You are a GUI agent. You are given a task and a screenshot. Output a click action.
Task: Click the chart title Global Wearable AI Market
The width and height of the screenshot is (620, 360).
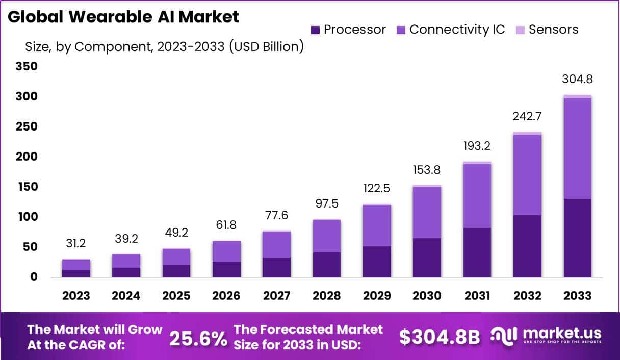click(123, 17)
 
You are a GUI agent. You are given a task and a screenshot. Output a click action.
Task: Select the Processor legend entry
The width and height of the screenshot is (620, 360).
click(348, 30)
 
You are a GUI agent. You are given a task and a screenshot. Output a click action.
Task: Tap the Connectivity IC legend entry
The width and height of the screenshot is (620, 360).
click(450, 30)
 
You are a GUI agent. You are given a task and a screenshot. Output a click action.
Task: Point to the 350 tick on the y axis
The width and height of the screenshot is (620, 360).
click(27, 66)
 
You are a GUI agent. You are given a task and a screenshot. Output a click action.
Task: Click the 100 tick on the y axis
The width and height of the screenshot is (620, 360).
click(27, 217)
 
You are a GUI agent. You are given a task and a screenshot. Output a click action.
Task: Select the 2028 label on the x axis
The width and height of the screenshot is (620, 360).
click(327, 296)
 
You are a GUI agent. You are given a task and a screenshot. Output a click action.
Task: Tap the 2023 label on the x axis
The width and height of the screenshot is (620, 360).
click(76, 296)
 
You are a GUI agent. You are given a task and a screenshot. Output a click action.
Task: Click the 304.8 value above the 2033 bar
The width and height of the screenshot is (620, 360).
click(577, 80)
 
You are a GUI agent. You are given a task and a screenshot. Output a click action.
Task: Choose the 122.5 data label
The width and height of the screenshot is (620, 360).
click(377, 188)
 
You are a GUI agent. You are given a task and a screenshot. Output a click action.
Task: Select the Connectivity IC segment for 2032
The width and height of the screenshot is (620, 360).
click(527, 175)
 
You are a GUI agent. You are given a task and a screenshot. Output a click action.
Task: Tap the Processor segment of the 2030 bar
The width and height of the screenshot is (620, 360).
click(427, 258)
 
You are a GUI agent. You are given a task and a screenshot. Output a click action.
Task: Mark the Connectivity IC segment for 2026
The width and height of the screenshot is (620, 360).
click(226, 251)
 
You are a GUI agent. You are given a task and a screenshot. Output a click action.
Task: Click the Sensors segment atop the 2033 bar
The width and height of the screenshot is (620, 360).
click(577, 96)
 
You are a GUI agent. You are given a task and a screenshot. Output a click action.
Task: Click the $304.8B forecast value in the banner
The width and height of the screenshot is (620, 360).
click(439, 337)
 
